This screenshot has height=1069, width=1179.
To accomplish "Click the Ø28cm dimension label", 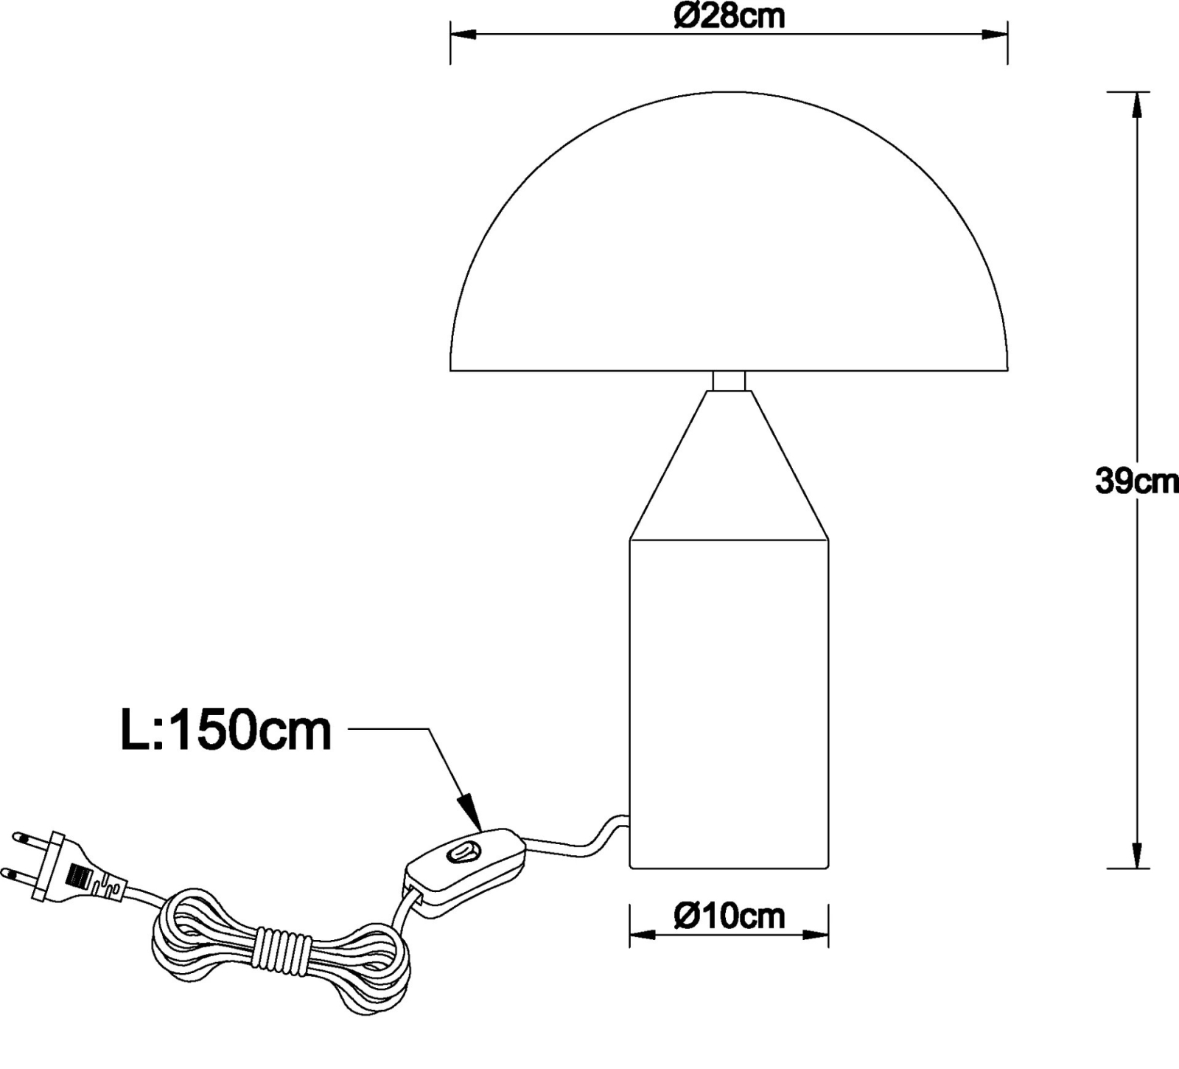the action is [729, 16].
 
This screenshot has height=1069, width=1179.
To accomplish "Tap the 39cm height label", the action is [1137, 481].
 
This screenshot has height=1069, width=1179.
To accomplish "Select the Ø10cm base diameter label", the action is [729, 916].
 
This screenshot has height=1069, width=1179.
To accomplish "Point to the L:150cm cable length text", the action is [226, 731].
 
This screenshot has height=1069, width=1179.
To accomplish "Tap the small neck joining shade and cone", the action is [729, 380].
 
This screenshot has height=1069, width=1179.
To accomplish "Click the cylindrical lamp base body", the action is [729, 704].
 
